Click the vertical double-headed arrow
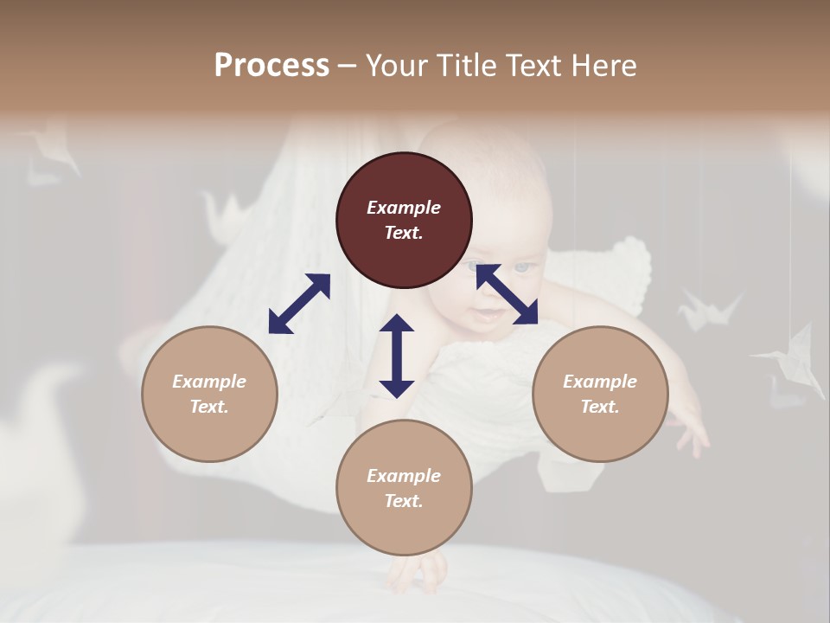(x=397, y=356)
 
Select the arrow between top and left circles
(x=299, y=304)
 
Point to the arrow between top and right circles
(x=507, y=294)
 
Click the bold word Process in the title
(x=271, y=65)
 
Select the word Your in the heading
(x=396, y=65)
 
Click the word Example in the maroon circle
(x=404, y=208)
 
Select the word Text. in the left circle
(x=209, y=407)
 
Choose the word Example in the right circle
(x=600, y=382)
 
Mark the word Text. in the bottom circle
(x=404, y=501)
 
